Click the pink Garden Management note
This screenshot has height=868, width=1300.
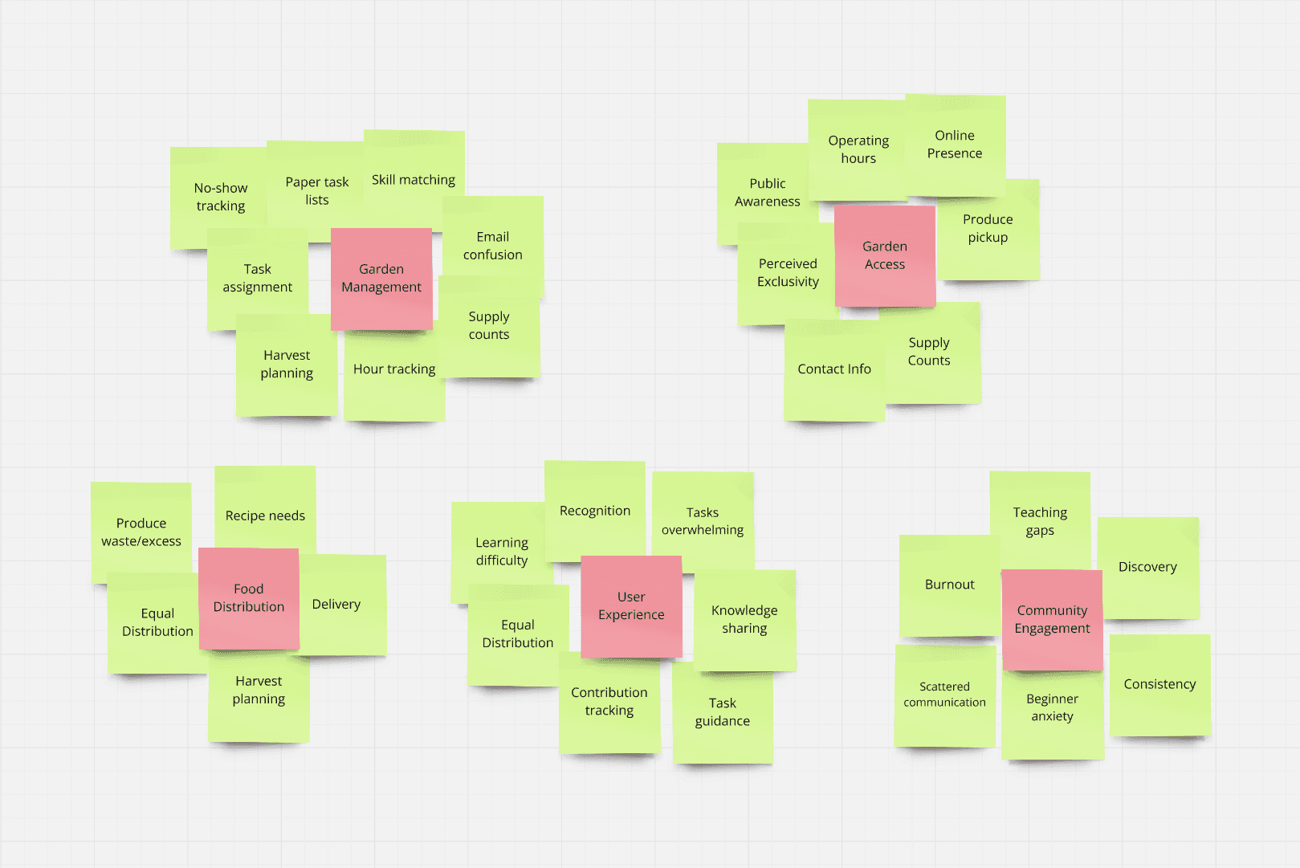pos(381,278)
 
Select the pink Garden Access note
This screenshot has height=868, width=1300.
pos(885,255)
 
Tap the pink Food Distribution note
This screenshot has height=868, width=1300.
pos(249,598)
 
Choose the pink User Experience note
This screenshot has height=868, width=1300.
pos(631,606)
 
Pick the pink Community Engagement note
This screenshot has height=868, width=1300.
pos(1052,619)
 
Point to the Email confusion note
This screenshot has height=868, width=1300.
pos(493,246)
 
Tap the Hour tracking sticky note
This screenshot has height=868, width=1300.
pos(394,377)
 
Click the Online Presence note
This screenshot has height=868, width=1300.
pos(955,145)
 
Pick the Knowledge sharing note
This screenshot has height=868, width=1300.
pos(744,619)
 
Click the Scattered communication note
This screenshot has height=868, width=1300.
pos(944,695)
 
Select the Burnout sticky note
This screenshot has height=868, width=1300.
pos(949,585)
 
